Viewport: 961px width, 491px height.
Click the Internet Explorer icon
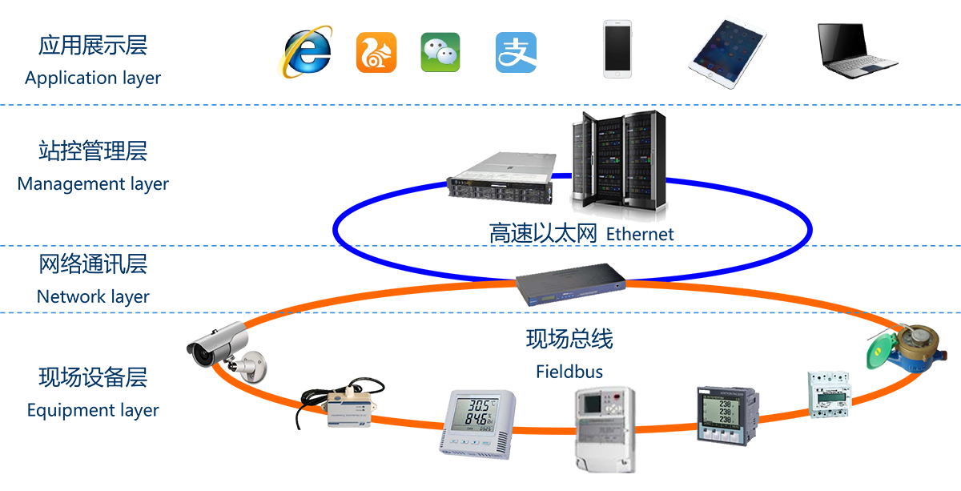tap(305, 52)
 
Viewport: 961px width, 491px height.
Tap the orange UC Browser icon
tap(376, 52)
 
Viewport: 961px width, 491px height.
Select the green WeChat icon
tap(440, 52)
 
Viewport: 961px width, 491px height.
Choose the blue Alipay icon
tap(516, 52)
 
